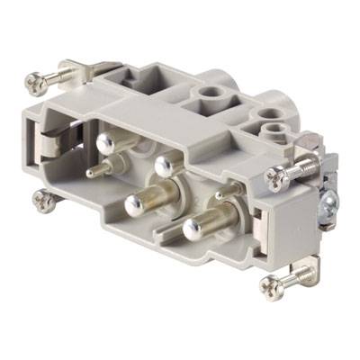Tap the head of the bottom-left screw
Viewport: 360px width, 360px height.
pos(48,202)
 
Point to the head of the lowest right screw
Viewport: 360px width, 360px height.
pos(270,287)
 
